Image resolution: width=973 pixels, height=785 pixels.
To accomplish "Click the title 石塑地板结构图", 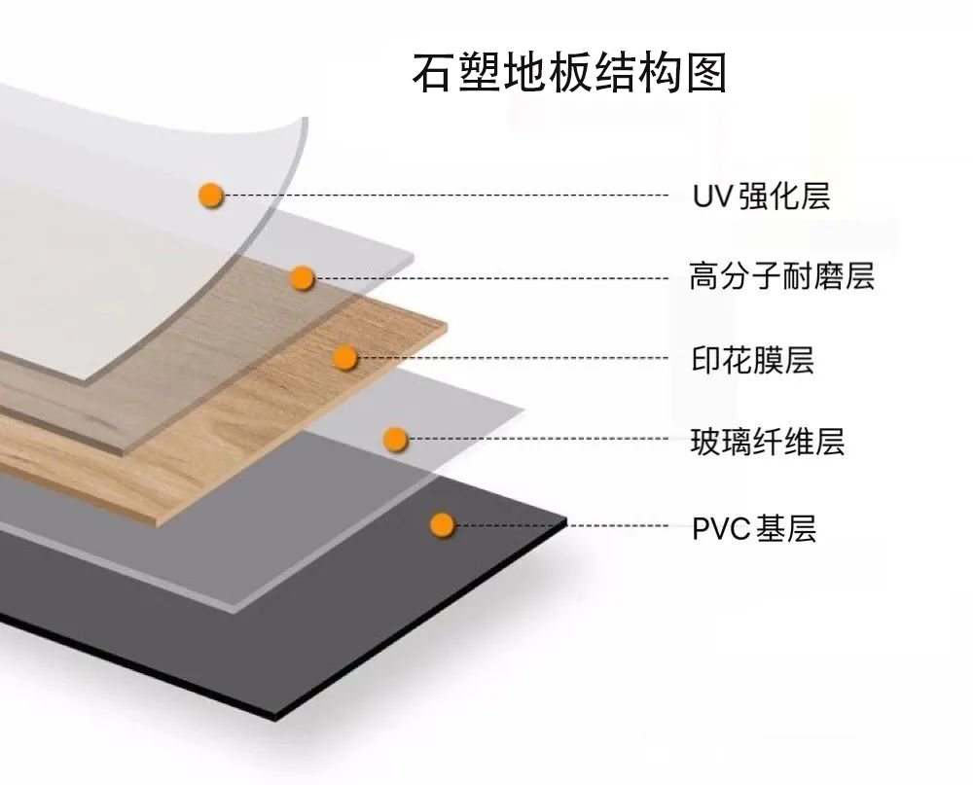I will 570,73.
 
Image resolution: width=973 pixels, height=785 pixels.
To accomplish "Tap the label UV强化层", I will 761,196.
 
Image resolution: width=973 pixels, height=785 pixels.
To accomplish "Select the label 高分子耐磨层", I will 781,276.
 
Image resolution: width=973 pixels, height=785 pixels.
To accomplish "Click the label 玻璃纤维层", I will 767,443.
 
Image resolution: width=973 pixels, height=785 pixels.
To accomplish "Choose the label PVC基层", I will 754,529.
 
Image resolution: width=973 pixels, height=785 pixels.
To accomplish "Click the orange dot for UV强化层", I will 211,196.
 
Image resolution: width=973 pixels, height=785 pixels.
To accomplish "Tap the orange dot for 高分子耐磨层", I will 303,278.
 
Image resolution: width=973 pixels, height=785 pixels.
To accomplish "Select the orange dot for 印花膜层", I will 345,358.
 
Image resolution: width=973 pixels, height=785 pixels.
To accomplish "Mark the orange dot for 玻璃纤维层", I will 394,440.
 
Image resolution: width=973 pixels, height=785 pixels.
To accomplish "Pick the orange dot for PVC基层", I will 443,525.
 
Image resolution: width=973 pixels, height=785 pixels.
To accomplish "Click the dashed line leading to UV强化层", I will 448,196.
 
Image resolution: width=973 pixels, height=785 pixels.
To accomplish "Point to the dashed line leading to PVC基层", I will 564,525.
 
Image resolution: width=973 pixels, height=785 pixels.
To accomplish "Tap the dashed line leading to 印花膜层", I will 516,358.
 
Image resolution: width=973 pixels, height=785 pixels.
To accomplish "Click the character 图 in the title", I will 707,73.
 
